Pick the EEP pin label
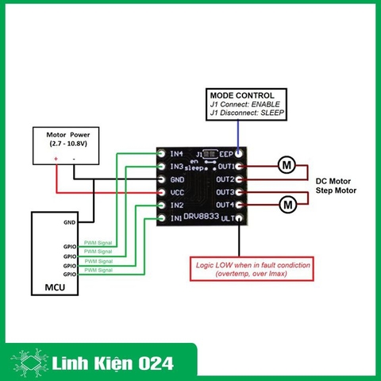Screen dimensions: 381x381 [225, 154]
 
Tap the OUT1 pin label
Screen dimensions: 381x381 [225, 167]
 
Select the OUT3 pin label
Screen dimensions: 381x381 [225, 192]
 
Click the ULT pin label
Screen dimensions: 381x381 [227, 217]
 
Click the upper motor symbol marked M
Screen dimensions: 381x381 [287, 166]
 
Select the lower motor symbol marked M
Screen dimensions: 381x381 [287, 205]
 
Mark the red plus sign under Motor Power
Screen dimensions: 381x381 [56, 159]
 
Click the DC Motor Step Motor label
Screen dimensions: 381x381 [330, 186]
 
